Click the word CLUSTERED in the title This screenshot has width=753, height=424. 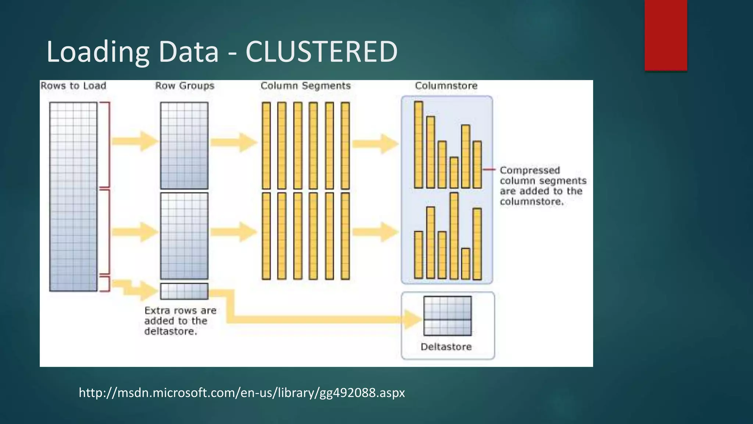(321, 52)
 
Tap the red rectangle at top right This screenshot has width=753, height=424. (665, 35)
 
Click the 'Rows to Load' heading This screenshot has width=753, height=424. (73, 86)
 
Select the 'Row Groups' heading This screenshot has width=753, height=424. (185, 86)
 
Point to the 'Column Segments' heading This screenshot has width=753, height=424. (306, 86)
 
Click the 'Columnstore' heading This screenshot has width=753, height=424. (446, 86)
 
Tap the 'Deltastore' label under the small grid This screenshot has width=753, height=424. (446, 347)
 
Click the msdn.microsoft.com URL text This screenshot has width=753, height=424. (242, 393)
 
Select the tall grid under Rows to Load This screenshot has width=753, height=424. (74, 197)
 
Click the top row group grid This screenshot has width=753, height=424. (184, 145)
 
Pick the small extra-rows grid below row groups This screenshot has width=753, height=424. (184, 291)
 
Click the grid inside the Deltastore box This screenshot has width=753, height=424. (447, 316)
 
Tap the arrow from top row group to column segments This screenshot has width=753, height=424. (234, 142)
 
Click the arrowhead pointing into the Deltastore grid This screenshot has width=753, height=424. (413, 319)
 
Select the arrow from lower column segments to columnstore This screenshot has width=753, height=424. (375, 232)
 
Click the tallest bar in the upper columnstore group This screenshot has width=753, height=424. (418, 145)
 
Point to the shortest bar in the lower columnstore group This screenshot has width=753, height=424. (465, 264)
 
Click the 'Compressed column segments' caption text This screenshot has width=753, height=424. (543, 186)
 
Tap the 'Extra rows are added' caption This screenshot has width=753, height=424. (180, 321)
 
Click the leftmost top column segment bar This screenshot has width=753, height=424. (266, 145)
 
